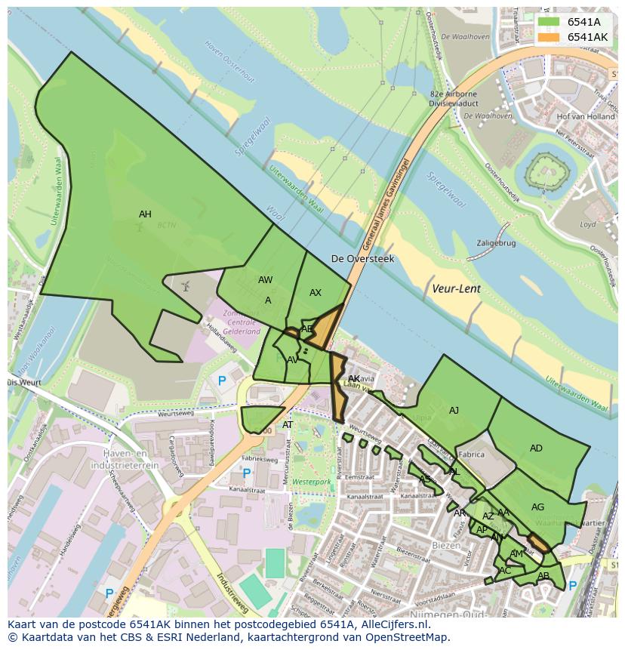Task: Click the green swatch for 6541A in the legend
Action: pos(549,22)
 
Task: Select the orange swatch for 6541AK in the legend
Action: pos(549,37)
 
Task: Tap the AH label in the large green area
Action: pos(145,214)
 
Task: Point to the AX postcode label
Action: pos(316,293)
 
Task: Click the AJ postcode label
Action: pos(454,411)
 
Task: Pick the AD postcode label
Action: pos(536,448)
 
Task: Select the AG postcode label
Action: pos(537,507)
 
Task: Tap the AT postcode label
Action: pos(288,425)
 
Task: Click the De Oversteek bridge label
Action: pos(362,259)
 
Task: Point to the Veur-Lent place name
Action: pos(456,288)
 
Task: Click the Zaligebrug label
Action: pos(496,243)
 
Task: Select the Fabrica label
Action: pos(471,455)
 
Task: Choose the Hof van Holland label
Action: pos(585,117)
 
